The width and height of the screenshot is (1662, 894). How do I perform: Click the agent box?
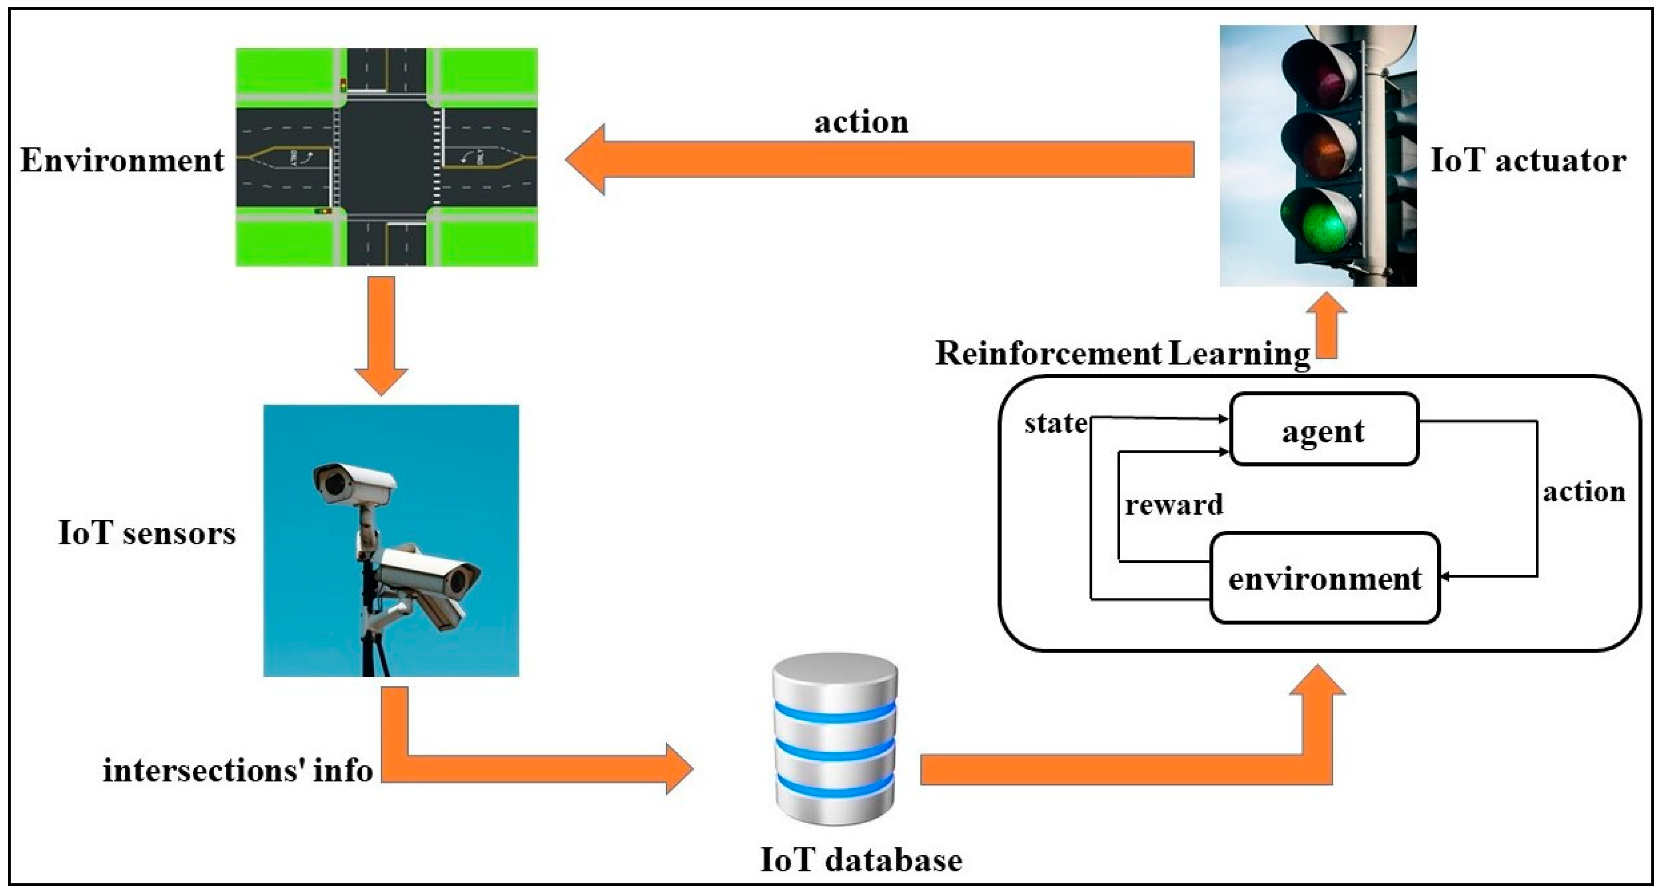tap(1324, 429)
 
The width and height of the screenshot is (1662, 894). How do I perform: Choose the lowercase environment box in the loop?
tap(1325, 578)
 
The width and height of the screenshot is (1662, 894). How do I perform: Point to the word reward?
tap(1174, 504)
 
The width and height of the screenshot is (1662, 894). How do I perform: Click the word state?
tap(1056, 423)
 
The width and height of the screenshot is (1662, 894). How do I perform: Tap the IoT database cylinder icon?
tap(835, 739)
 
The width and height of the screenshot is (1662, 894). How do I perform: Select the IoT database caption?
tap(861, 860)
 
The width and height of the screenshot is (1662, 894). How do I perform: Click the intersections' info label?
tap(238, 770)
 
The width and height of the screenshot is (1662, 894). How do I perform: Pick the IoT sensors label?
tap(147, 533)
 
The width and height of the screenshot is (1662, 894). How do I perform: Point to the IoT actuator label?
tap(1528, 160)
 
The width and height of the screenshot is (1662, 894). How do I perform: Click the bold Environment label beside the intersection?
tap(122, 160)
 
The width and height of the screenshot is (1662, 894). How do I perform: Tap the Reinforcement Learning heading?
tap(1123, 353)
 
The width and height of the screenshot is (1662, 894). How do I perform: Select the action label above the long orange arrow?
tap(861, 122)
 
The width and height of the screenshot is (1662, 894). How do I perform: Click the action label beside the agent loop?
tap(1584, 492)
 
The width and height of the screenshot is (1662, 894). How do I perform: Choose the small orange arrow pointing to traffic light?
tap(1326, 325)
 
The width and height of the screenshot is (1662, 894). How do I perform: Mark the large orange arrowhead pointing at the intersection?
tap(585, 159)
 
